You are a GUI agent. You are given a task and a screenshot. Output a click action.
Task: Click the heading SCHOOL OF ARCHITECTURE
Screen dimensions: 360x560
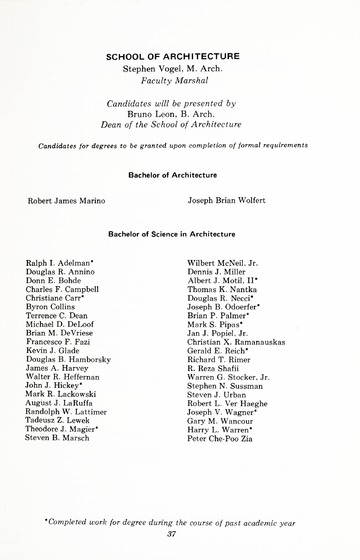tap(180, 57)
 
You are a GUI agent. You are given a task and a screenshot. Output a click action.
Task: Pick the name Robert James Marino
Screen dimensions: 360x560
tap(66, 200)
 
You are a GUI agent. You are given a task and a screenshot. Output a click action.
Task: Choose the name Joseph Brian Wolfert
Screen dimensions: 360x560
tap(227, 200)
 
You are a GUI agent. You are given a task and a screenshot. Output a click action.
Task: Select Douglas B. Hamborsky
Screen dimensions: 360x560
tap(68, 359)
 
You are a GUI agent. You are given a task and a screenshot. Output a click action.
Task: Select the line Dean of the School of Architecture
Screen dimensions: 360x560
tap(176, 125)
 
